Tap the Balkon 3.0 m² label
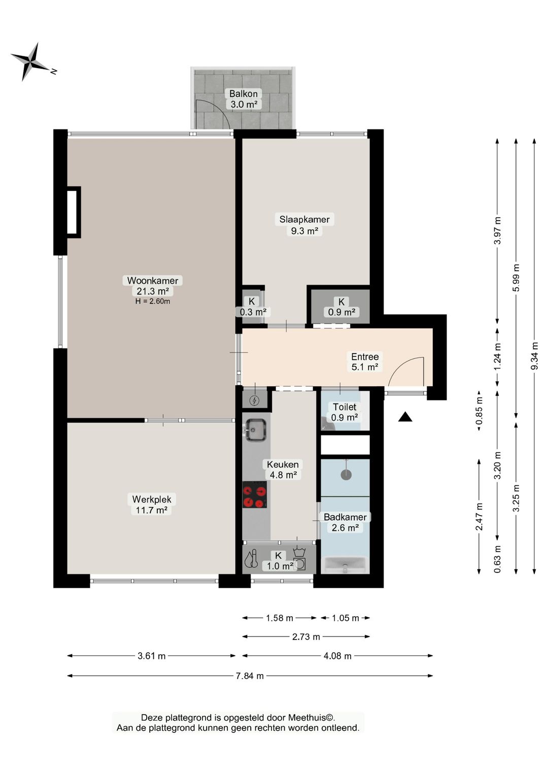click(244, 99)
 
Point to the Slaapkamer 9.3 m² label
click(304, 225)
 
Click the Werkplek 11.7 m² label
click(152, 504)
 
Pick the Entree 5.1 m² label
click(365, 361)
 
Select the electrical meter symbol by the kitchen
click(255, 400)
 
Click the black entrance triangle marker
click(405, 417)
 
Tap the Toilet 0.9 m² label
click(344, 412)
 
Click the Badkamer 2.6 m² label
click(345, 522)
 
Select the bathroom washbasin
click(345, 565)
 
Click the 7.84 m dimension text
click(250, 676)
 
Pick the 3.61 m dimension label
click(152, 656)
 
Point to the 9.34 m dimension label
click(534, 356)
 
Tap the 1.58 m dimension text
click(279, 618)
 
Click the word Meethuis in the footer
click(311, 718)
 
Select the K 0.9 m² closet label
click(341, 307)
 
